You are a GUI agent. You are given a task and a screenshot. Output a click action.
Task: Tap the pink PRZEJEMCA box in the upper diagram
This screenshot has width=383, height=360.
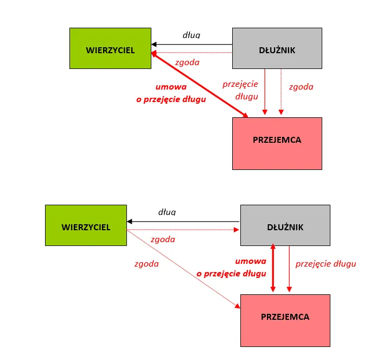click(277, 140)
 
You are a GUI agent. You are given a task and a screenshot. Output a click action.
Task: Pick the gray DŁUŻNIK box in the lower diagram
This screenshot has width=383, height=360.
click(285, 227)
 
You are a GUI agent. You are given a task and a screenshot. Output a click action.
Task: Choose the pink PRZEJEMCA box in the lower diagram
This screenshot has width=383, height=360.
click(285, 317)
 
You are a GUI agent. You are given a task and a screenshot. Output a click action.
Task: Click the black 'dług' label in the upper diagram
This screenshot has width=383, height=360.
click(191, 35)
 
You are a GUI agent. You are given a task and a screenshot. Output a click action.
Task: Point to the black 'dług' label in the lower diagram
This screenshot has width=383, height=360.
click(167, 212)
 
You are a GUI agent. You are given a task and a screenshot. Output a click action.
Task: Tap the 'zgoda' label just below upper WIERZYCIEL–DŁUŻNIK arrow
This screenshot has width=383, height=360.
click(187, 62)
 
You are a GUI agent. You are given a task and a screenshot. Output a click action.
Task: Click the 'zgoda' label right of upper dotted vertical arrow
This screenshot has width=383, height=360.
click(301, 86)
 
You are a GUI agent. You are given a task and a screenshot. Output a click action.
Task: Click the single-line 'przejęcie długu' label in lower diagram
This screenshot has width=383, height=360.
click(325, 264)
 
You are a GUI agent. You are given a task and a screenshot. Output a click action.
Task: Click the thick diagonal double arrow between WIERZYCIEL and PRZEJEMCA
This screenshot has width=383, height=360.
click(200, 84)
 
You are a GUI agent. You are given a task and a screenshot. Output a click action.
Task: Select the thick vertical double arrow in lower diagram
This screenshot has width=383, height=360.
click(273, 269)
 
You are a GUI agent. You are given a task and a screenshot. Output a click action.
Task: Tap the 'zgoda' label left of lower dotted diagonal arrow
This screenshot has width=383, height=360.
click(146, 264)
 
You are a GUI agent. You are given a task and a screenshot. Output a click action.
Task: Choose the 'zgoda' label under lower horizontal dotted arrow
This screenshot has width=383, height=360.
click(163, 239)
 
